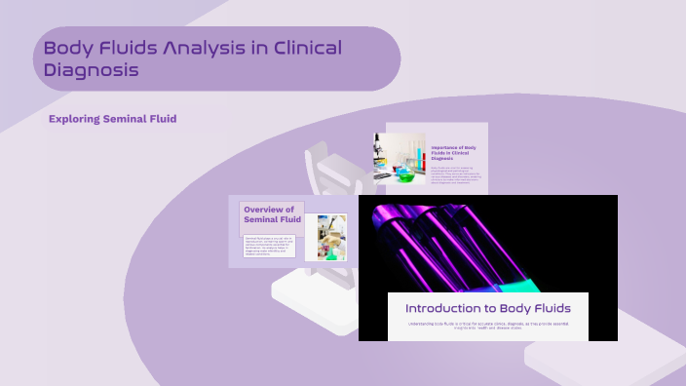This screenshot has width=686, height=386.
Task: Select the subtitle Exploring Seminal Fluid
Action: (112, 119)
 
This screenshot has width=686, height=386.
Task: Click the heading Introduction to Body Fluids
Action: (488, 309)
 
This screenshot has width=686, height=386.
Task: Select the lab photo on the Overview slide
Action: (325, 237)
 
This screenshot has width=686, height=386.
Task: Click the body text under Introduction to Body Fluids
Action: (488, 327)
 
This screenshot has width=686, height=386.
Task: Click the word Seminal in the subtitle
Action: (128, 119)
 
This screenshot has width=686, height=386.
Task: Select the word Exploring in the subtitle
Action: (75, 119)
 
